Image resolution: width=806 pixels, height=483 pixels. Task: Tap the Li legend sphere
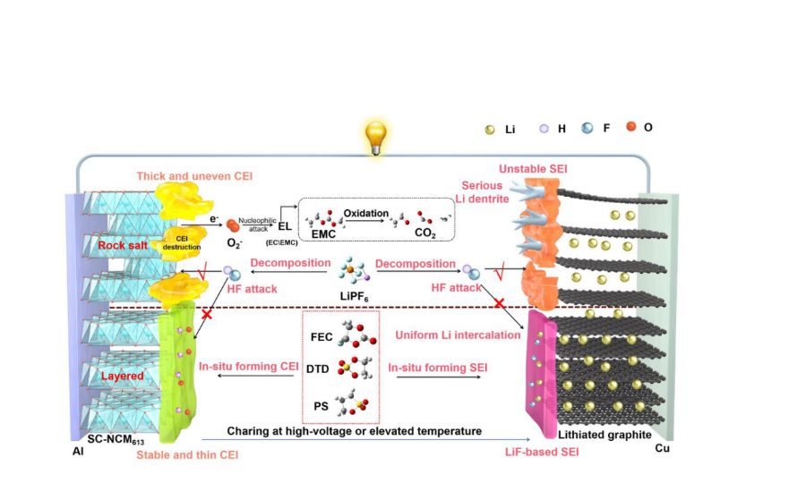[488, 129]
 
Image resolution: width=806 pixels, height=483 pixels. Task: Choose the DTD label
[321, 369]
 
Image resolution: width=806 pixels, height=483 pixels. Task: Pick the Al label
[78, 452]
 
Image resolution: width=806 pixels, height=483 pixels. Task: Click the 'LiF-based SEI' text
[541, 453]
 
